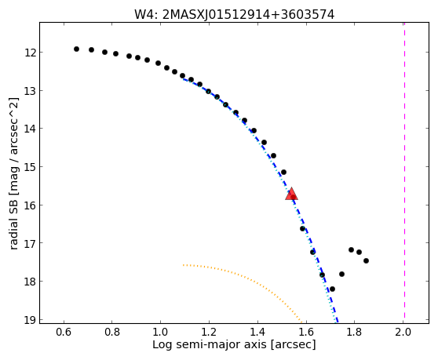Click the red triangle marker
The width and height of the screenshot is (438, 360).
point(291,194)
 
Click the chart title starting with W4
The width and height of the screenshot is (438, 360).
point(234,15)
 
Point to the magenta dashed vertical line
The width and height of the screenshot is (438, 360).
point(404,170)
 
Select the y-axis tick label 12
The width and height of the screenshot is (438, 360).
point(31,53)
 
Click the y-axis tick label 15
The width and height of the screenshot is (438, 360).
point(31,167)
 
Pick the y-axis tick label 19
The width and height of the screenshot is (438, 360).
point(31,320)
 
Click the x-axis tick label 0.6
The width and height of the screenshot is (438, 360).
point(64,332)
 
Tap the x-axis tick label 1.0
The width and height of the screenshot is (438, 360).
point(160,332)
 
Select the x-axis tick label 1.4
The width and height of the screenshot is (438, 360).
point(257,332)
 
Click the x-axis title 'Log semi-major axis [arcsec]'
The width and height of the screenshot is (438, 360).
point(234,345)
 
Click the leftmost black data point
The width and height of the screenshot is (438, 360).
point(76,49)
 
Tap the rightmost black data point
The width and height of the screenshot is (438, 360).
point(366,261)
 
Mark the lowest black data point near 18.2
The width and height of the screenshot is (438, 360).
point(332,289)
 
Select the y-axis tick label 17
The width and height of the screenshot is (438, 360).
point(31,243)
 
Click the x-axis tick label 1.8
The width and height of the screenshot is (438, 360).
point(354,332)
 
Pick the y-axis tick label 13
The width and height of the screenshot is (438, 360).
point(31,91)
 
